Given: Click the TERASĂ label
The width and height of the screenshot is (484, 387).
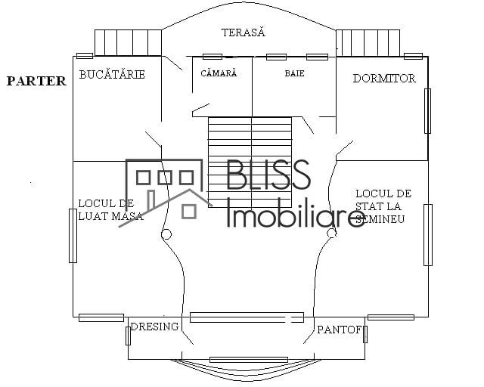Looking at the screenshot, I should click(244, 33).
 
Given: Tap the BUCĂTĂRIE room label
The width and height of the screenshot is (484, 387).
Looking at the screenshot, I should click(112, 75).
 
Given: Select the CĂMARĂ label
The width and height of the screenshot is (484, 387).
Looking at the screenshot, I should click(219, 73).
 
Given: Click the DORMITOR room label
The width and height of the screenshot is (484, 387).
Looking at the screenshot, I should click(384, 78).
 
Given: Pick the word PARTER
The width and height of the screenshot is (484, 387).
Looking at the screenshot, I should click(36, 81).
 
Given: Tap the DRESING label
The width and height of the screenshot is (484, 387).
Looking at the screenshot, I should click(154, 327).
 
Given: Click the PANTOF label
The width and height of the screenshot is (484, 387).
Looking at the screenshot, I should click(340, 330).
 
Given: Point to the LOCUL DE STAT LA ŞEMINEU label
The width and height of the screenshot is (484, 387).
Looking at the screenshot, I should click(383, 206).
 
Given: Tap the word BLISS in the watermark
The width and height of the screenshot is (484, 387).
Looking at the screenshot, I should click(268, 175).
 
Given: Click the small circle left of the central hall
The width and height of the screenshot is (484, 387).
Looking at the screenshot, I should click(166, 234).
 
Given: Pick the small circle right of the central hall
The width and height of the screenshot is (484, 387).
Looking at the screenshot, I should click(331, 234).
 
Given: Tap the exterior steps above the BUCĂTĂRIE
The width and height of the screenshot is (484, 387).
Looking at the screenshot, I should click(128, 42).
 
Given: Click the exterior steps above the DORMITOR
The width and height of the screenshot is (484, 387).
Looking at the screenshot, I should click(368, 42).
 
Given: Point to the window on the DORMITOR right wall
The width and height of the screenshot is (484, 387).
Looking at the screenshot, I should click(427, 110).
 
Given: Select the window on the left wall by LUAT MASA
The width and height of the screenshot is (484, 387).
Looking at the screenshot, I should click(73, 235).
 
